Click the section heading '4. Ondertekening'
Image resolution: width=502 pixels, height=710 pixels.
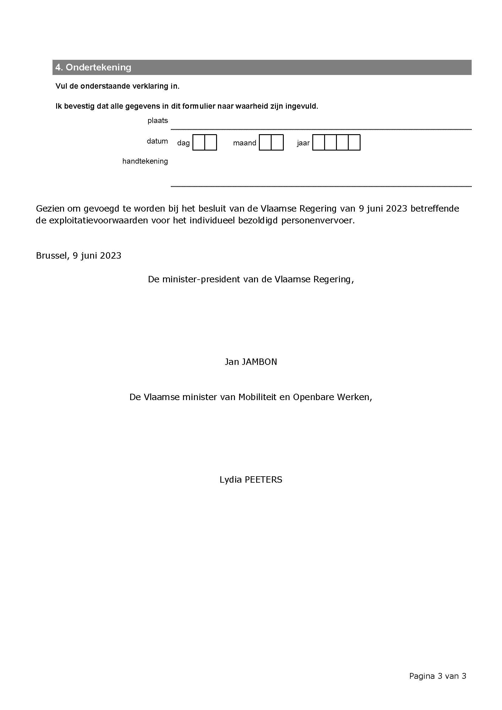point(93,67)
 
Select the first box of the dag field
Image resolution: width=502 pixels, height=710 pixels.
point(199,143)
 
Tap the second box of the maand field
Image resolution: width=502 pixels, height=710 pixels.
point(277,143)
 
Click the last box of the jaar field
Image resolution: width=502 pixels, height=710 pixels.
point(354,143)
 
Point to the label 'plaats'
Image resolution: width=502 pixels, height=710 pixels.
point(158,121)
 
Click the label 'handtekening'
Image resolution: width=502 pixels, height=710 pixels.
point(145,161)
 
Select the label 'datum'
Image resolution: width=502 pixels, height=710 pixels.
point(157,141)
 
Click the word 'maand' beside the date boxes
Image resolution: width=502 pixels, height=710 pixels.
point(245,143)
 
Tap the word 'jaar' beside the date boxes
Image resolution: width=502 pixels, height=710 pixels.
point(303,143)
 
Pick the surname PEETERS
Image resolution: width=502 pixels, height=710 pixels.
point(263,480)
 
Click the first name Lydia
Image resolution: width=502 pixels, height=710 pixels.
point(231,480)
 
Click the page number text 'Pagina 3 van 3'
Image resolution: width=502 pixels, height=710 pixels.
point(437,676)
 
